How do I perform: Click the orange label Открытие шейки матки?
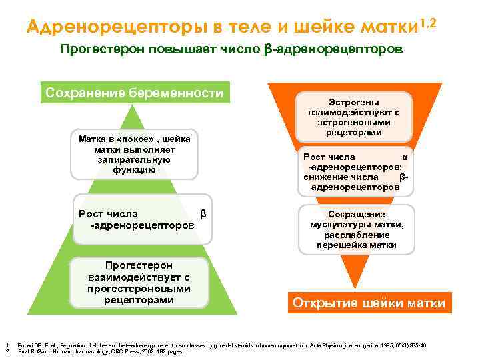[x=369, y=303]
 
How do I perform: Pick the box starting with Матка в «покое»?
[x=135, y=154]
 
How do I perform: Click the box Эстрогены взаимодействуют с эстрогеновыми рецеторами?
[x=355, y=117]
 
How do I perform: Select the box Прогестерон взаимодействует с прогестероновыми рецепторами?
[x=139, y=283]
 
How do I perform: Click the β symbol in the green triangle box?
[x=203, y=214]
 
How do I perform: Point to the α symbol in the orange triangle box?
[x=404, y=157]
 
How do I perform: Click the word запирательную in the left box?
[x=134, y=160]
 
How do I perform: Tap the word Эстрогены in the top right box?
[x=355, y=103]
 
